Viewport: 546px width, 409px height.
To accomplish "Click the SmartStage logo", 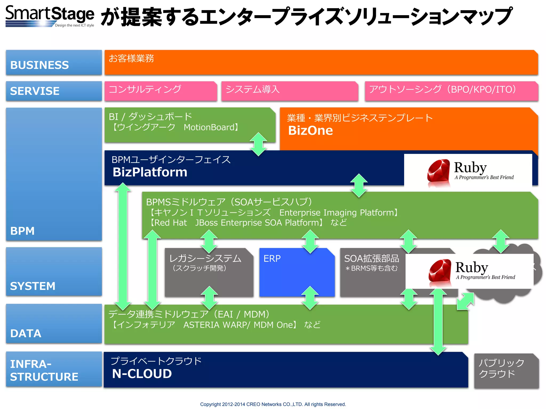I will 50,16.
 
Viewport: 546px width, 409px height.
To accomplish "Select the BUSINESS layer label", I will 39,65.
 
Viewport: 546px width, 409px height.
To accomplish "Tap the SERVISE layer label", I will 35,91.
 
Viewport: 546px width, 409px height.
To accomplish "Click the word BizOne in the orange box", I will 310,130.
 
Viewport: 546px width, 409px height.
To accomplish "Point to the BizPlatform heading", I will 150,172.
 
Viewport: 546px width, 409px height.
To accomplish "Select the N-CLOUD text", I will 142,374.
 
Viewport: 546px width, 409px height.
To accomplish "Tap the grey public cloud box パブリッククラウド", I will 506,371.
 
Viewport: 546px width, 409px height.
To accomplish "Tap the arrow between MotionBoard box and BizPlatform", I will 258,144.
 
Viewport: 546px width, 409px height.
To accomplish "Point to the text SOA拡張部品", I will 371,258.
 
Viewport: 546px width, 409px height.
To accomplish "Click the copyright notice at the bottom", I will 273,404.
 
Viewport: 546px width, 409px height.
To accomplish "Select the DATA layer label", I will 26,333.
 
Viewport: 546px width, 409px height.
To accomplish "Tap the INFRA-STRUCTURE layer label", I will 44,370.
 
